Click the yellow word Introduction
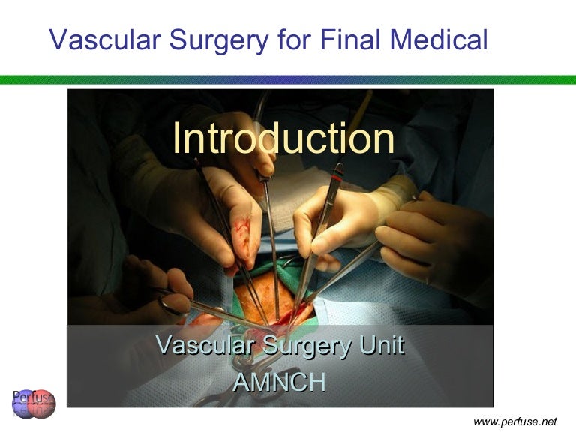[x=283, y=139]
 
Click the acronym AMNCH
[x=280, y=382]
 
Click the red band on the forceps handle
[x=337, y=177]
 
